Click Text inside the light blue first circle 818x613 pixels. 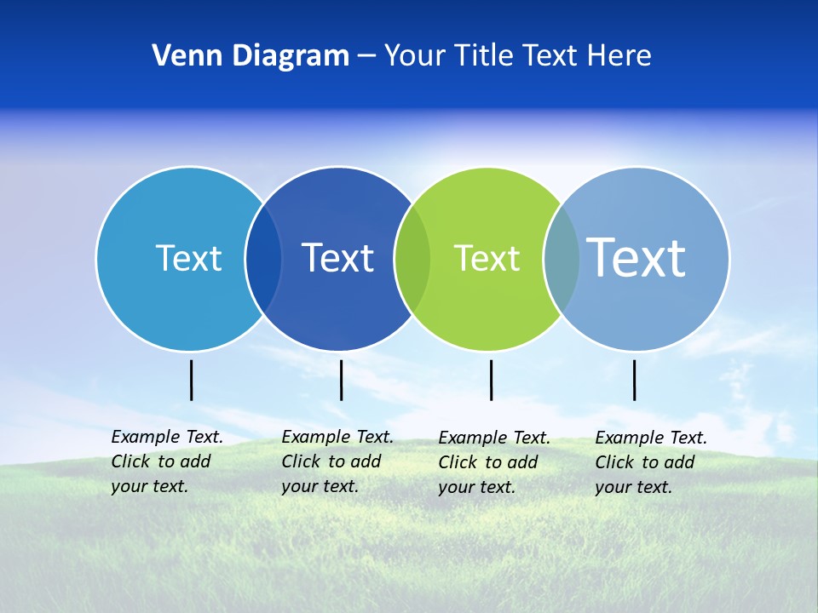pos(188,258)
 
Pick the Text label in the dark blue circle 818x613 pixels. pos(337,258)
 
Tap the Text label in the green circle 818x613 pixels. pos(487,258)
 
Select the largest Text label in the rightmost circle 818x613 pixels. pos(636,257)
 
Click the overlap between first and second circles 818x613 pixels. pos(263,259)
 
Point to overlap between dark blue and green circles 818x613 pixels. pos(412,259)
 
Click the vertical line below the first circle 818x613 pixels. pos(191,380)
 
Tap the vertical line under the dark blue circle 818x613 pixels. pos(341,380)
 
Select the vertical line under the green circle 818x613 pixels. pos(491,380)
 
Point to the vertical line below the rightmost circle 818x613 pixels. pos(634,380)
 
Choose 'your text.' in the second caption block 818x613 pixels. pos(320,486)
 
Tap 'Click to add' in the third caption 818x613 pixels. pos(488,462)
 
